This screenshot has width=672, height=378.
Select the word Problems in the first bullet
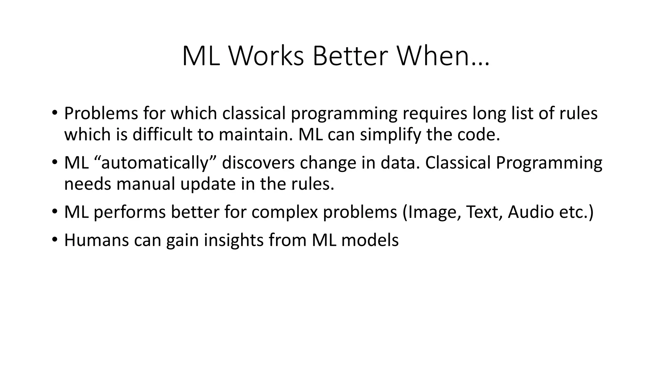coord(100,114)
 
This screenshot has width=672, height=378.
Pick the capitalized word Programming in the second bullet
coord(549,163)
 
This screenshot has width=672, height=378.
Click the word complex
coord(284,213)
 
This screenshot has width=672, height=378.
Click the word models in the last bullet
coord(370,240)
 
